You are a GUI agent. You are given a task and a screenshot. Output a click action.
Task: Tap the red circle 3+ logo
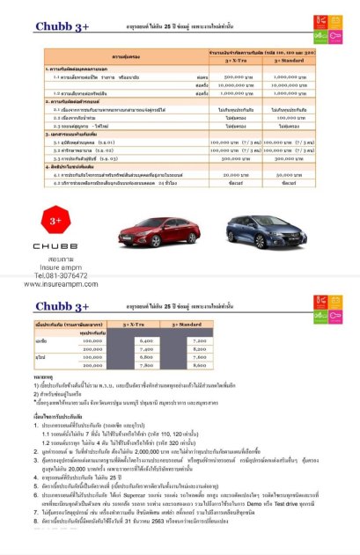[x=55, y=219]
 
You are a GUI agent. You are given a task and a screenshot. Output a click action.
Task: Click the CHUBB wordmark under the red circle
[x=55, y=249]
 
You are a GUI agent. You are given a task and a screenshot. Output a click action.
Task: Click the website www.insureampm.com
[x=55, y=284]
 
